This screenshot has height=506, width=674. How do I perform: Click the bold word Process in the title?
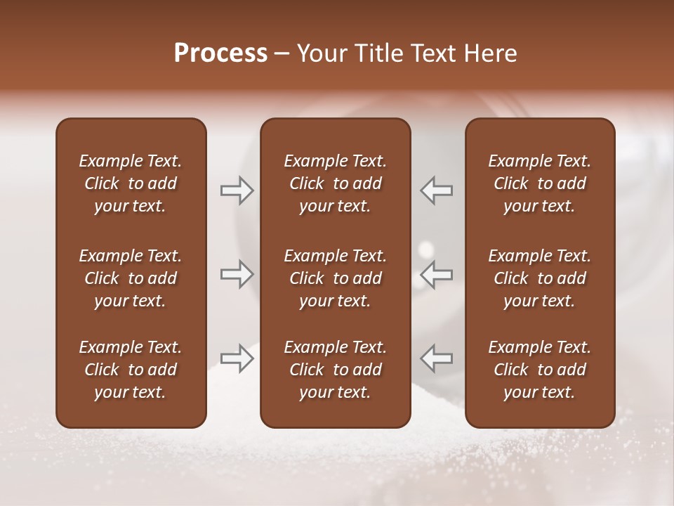[x=220, y=53]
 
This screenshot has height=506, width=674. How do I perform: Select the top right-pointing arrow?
[x=237, y=190]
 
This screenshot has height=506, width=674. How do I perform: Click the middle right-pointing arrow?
[x=237, y=274]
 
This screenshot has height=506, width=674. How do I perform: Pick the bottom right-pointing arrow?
[x=237, y=358]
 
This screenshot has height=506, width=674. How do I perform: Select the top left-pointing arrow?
[x=437, y=190]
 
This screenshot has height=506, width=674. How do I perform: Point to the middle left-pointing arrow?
[x=437, y=274]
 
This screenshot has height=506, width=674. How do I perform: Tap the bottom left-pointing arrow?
[x=437, y=358]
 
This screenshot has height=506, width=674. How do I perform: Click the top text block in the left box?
[x=131, y=183]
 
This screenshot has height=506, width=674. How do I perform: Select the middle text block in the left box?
[x=131, y=278]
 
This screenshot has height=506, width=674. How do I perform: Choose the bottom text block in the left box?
[x=131, y=370]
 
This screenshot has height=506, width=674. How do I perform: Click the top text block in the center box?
[x=335, y=183]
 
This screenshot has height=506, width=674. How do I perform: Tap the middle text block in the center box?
[x=335, y=278]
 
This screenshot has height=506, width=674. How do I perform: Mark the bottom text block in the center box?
[x=335, y=370]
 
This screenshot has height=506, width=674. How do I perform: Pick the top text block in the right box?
[x=539, y=183]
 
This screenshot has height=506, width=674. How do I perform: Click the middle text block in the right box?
[x=539, y=278]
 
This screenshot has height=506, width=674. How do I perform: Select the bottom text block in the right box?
[x=539, y=370]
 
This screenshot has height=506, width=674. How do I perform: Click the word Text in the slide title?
[x=431, y=53]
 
